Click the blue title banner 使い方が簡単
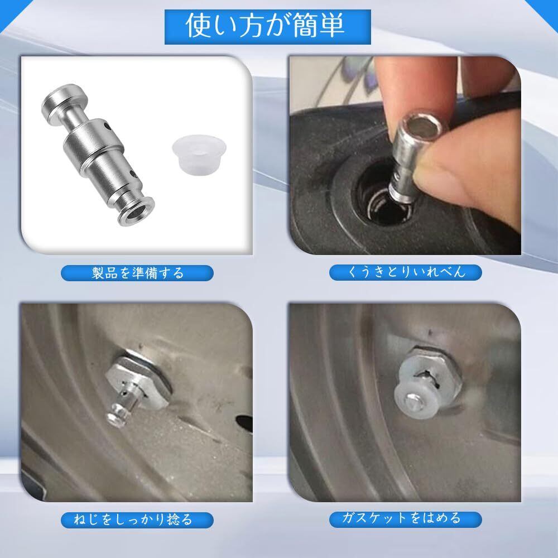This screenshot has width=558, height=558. tap(268, 27)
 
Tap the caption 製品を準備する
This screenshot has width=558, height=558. tap(137, 273)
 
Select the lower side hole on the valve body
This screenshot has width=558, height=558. tap(133, 174)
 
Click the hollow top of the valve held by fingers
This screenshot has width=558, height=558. tap(422, 126)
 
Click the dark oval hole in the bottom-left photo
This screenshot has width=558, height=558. tap(245, 424)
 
